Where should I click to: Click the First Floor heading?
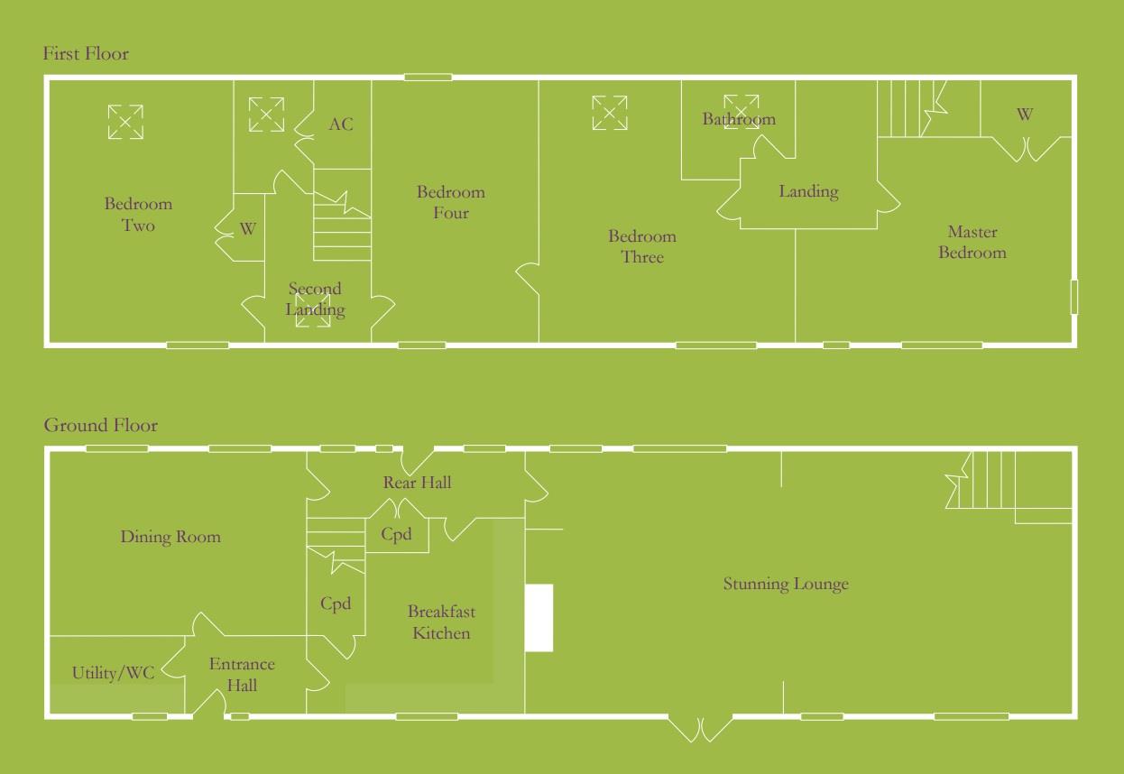(86, 54)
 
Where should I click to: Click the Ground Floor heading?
(100, 426)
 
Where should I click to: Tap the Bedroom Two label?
(138, 215)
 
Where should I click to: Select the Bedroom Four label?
(450, 202)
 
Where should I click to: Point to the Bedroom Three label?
(641, 246)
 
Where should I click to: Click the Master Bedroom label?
(972, 243)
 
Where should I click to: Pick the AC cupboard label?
(341, 124)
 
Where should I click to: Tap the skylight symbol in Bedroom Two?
(125, 122)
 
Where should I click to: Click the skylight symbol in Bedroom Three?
(610, 113)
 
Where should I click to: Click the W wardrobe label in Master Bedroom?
(1025, 115)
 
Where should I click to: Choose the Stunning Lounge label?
(786, 584)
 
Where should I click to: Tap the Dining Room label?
(170, 537)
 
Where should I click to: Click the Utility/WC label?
(114, 673)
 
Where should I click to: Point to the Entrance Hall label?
(242, 675)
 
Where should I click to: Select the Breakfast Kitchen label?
(441, 622)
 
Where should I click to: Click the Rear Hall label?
(417, 483)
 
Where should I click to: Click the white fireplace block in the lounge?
(539, 618)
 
